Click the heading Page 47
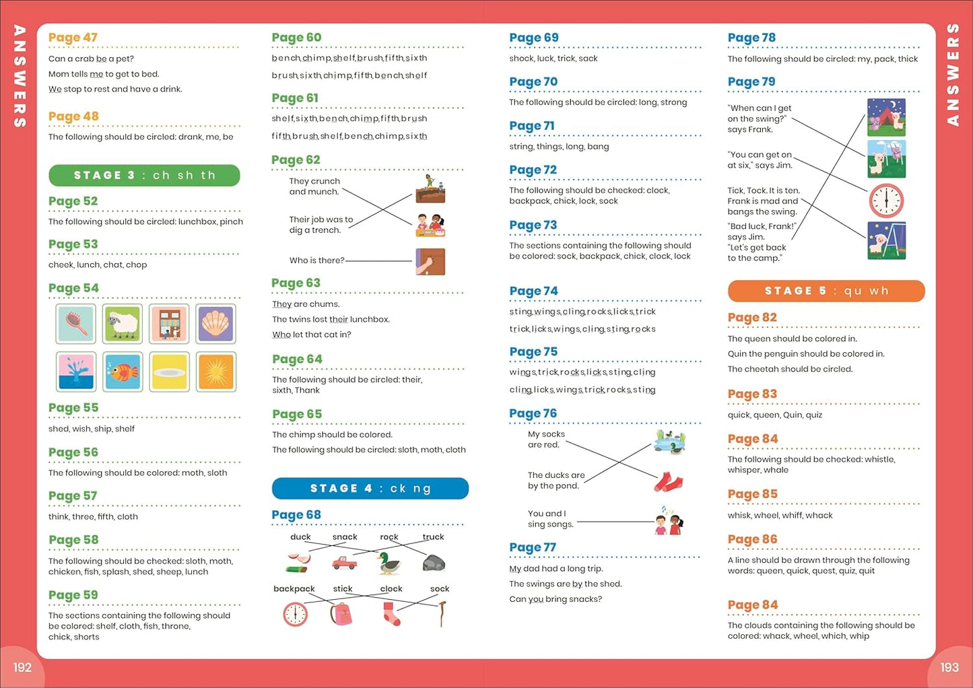click(x=73, y=38)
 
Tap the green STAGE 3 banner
click(x=144, y=175)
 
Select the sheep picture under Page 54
click(x=123, y=324)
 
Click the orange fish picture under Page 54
click(x=123, y=371)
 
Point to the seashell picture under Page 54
click(x=215, y=324)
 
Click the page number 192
click(x=22, y=667)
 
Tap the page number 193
click(x=949, y=667)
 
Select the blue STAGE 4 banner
click(x=370, y=488)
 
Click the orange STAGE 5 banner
click(x=826, y=291)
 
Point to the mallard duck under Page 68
click(x=389, y=563)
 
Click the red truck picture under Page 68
click(x=344, y=562)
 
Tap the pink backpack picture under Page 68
click(x=341, y=613)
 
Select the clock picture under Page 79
click(x=885, y=200)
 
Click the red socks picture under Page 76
click(x=669, y=482)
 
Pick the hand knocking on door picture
click(x=430, y=261)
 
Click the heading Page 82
click(x=752, y=318)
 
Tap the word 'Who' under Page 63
click(x=281, y=335)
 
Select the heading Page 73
click(x=533, y=225)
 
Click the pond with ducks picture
click(x=669, y=442)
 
